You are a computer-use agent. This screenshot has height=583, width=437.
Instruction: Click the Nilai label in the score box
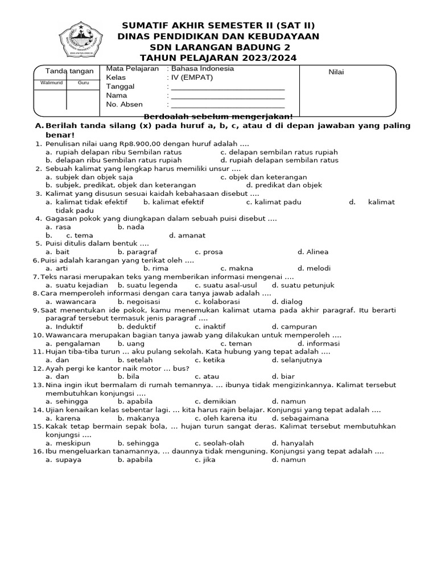pos(336,72)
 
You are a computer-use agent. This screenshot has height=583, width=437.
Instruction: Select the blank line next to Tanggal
pos(228,87)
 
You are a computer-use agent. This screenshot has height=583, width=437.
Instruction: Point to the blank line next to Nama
pos(228,96)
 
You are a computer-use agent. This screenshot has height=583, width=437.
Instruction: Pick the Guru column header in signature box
pos(83,83)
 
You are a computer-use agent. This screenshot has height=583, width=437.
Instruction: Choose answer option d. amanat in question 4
pos(187,235)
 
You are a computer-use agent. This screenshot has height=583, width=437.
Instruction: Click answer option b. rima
pos(155,268)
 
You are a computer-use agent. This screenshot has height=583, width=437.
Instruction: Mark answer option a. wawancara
pos(71,302)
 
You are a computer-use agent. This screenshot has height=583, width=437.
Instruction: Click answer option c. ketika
pos(210,360)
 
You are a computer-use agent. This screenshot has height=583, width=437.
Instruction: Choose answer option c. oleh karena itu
pos(226,418)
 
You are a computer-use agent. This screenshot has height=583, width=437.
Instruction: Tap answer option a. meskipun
pos(71,443)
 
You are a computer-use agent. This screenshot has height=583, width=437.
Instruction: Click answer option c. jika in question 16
pos(205,459)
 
